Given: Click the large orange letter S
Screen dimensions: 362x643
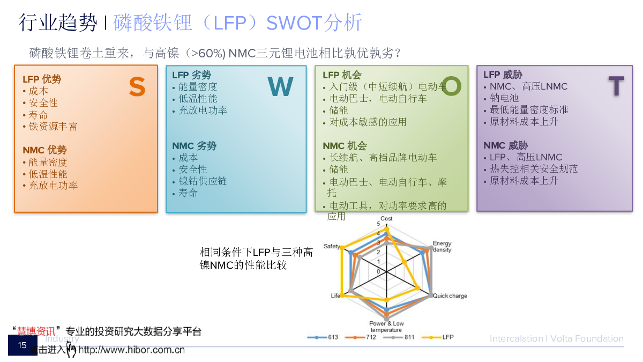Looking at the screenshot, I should pyautogui.click(x=137, y=87).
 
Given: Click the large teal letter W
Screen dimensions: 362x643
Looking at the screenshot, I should pyautogui.click(x=281, y=87).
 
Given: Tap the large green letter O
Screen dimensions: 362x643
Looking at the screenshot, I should pyautogui.click(x=451, y=86).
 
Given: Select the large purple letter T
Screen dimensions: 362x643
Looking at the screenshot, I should pyautogui.click(x=616, y=86).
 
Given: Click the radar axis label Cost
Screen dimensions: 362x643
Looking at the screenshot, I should pyautogui.click(x=386, y=218).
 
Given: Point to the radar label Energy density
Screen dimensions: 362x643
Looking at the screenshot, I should pyautogui.click(x=442, y=247).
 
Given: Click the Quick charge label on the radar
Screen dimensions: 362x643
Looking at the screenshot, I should pyautogui.click(x=450, y=296).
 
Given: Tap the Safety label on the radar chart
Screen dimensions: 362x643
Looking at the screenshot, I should pyautogui.click(x=332, y=246).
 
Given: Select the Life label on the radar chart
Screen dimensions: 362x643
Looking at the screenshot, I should pyautogui.click(x=335, y=296).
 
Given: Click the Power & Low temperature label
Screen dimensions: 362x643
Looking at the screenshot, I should pyautogui.click(x=386, y=327).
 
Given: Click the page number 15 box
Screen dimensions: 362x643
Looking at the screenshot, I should pyautogui.click(x=23, y=345).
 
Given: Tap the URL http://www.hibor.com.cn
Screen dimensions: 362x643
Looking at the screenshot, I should pyautogui.click(x=131, y=351).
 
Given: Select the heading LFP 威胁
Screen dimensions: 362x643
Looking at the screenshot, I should pyautogui.click(x=503, y=75).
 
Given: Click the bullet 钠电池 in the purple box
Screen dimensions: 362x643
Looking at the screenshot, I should pyautogui.click(x=504, y=98).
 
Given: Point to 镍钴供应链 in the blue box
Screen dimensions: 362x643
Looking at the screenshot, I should pyautogui.click(x=203, y=181).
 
